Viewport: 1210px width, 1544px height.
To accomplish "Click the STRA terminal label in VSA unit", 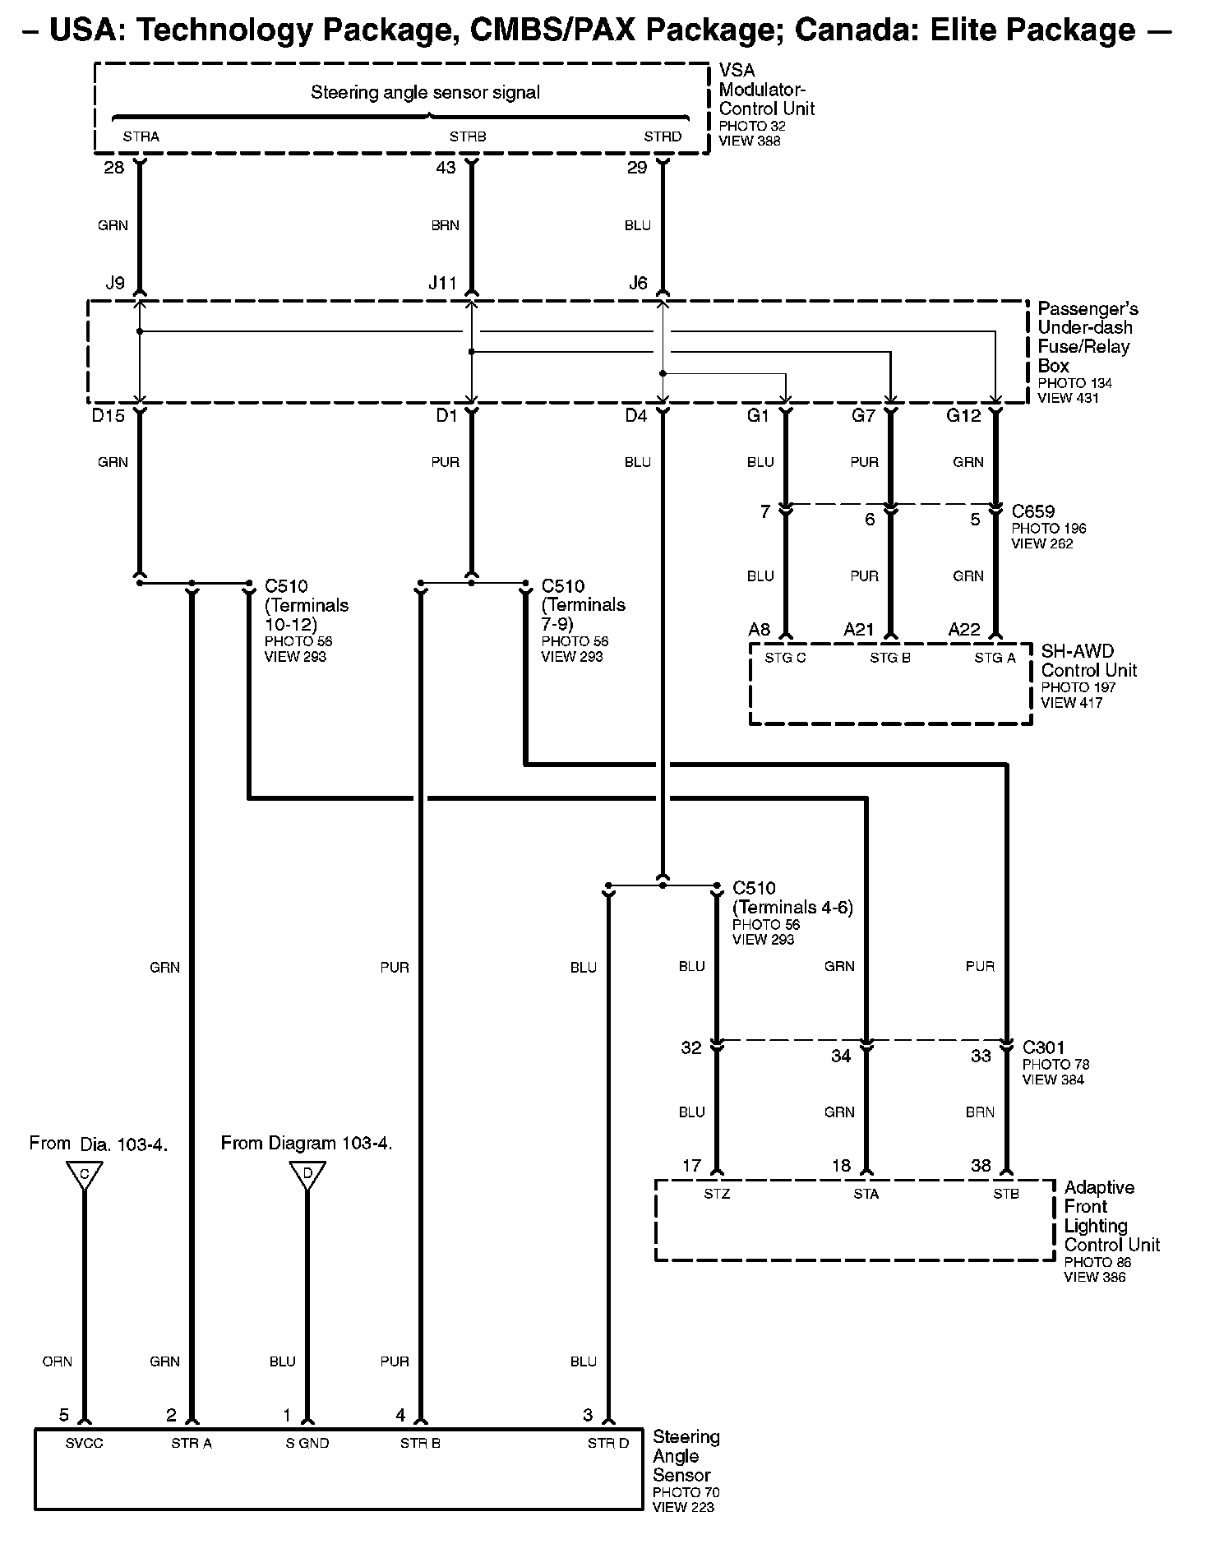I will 141,136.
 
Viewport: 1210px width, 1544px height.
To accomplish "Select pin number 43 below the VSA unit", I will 446,168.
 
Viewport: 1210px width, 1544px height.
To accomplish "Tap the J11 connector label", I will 442,284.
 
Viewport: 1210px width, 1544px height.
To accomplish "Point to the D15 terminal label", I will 109,416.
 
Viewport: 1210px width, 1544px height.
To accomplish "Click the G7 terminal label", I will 863,416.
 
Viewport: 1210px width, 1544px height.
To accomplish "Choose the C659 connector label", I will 1033,512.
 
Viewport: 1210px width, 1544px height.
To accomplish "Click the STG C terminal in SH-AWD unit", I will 785,658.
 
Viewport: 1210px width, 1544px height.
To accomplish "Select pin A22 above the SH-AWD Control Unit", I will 964,630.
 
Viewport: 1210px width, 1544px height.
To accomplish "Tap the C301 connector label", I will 1043,1047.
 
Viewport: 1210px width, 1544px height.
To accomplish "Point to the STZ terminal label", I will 717,1194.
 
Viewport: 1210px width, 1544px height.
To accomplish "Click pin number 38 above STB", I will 981,1166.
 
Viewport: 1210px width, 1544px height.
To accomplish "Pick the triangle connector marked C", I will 85,1174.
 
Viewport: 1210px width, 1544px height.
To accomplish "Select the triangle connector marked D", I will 307,1174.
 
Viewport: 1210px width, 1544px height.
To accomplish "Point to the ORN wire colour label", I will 58,1362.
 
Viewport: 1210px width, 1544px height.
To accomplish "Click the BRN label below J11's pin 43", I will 446,226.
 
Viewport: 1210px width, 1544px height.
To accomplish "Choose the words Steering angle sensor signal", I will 425,93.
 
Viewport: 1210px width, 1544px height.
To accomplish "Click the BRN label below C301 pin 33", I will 980,1112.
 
